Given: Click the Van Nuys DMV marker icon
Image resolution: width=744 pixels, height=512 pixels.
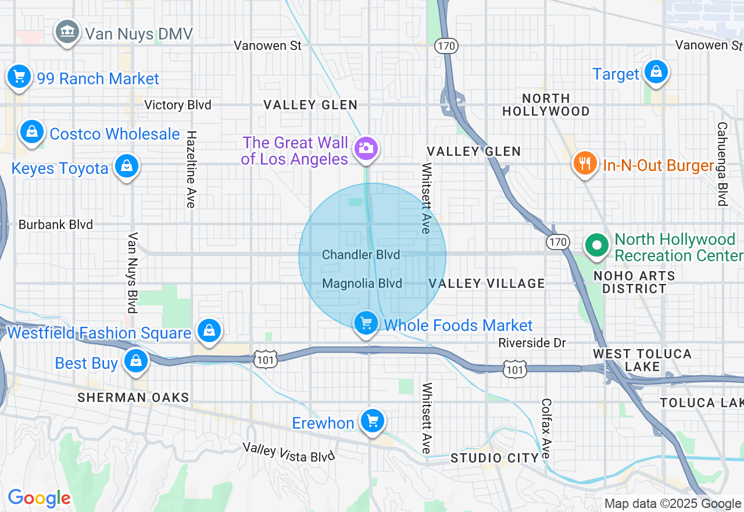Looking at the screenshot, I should click(x=67, y=31).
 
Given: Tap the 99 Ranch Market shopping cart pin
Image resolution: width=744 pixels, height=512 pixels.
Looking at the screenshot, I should click(x=19, y=76).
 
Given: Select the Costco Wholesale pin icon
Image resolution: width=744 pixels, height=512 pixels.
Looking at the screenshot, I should click(x=32, y=131).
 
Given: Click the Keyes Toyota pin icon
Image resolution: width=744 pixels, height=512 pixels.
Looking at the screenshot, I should click(x=126, y=166).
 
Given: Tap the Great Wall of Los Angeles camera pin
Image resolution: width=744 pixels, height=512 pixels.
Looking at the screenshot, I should click(x=366, y=148).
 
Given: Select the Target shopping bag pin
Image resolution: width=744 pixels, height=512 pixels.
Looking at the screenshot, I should click(x=656, y=72).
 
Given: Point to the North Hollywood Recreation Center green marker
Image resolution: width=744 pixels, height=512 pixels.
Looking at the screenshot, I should click(x=596, y=245).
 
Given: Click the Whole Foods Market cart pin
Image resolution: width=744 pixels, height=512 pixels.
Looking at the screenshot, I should click(x=366, y=323).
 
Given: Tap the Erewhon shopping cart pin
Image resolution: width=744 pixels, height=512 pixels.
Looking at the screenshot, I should click(x=372, y=421).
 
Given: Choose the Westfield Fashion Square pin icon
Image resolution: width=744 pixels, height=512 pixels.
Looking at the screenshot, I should click(x=209, y=330).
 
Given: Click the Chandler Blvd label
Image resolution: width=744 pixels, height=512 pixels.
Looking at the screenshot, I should click(x=361, y=255).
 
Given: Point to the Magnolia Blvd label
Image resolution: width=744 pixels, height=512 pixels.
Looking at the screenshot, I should click(x=362, y=284).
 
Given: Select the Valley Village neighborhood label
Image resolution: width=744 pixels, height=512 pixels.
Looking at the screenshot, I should click(x=487, y=283).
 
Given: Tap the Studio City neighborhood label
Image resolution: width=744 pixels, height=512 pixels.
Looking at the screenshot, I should click(x=495, y=458).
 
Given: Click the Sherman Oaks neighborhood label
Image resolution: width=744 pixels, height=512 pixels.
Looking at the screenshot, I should click(x=133, y=398).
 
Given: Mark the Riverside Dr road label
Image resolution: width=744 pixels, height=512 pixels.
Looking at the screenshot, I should click(x=532, y=343).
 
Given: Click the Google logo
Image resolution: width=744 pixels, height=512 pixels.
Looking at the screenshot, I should click(x=39, y=498).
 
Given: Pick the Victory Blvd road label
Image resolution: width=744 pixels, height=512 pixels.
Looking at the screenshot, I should click(x=178, y=105).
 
